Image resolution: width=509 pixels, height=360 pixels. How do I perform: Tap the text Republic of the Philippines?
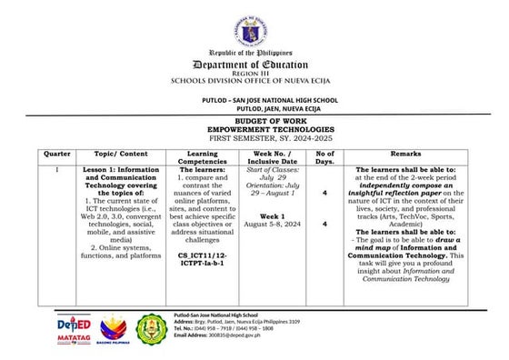click(x=254, y=54)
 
